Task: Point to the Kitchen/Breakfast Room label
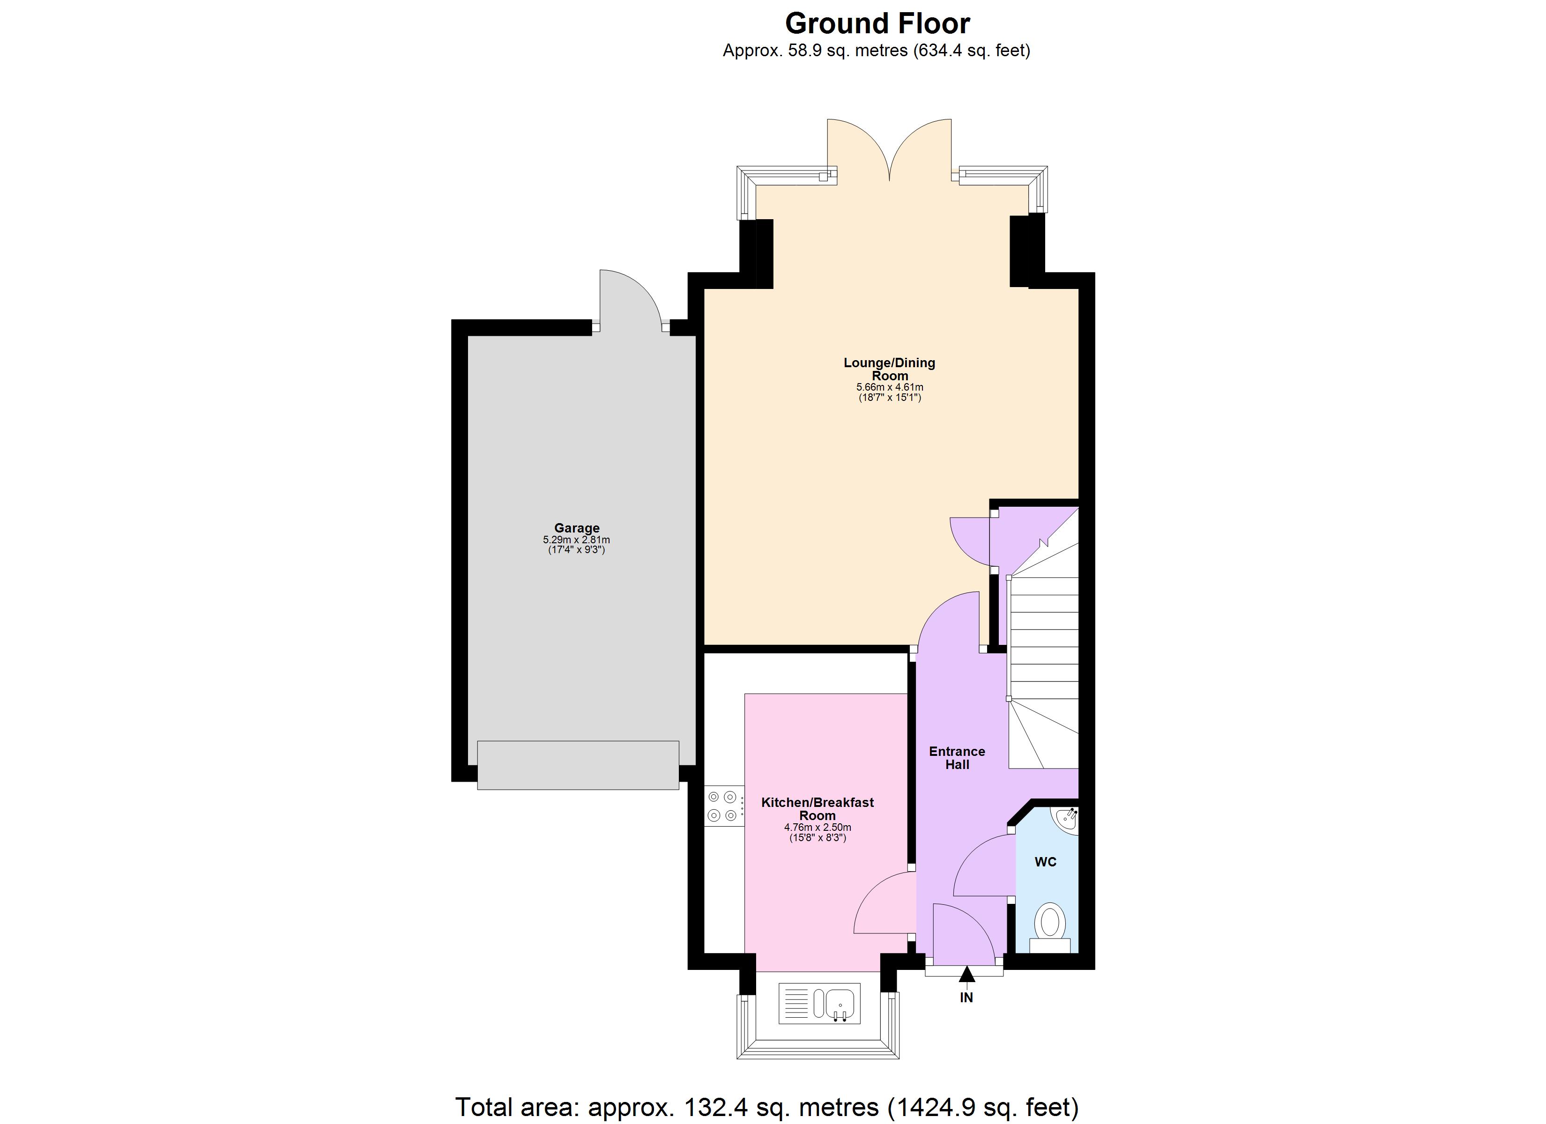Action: pyautogui.click(x=818, y=808)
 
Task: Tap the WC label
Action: pyautogui.click(x=1045, y=862)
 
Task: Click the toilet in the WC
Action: pyautogui.click(x=1050, y=926)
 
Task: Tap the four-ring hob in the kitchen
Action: pyautogui.click(x=722, y=805)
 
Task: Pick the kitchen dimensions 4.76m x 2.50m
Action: pyautogui.click(x=818, y=828)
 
